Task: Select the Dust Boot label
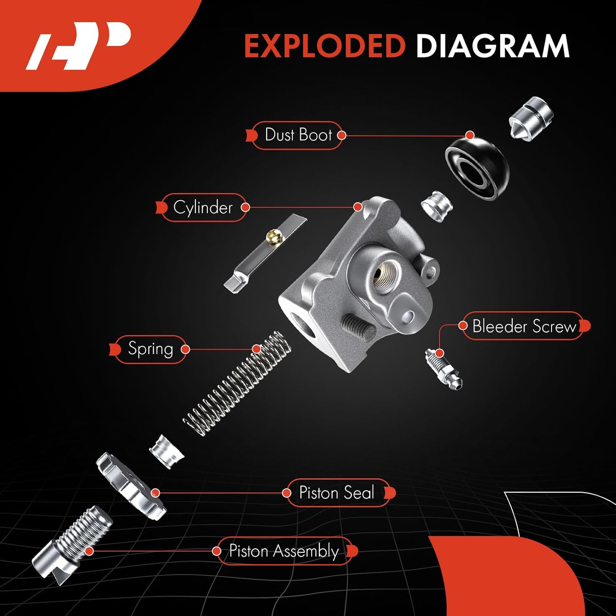[x=298, y=135]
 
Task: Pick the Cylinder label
[x=203, y=207]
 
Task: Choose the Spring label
[x=150, y=349]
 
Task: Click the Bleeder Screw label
[x=524, y=326]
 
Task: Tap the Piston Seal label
[x=337, y=493]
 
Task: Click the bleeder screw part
[x=444, y=368]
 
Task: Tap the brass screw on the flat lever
[x=272, y=236]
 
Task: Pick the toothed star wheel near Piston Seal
[x=131, y=485]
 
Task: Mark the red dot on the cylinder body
[x=358, y=207]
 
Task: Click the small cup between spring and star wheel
[x=166, y=452]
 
